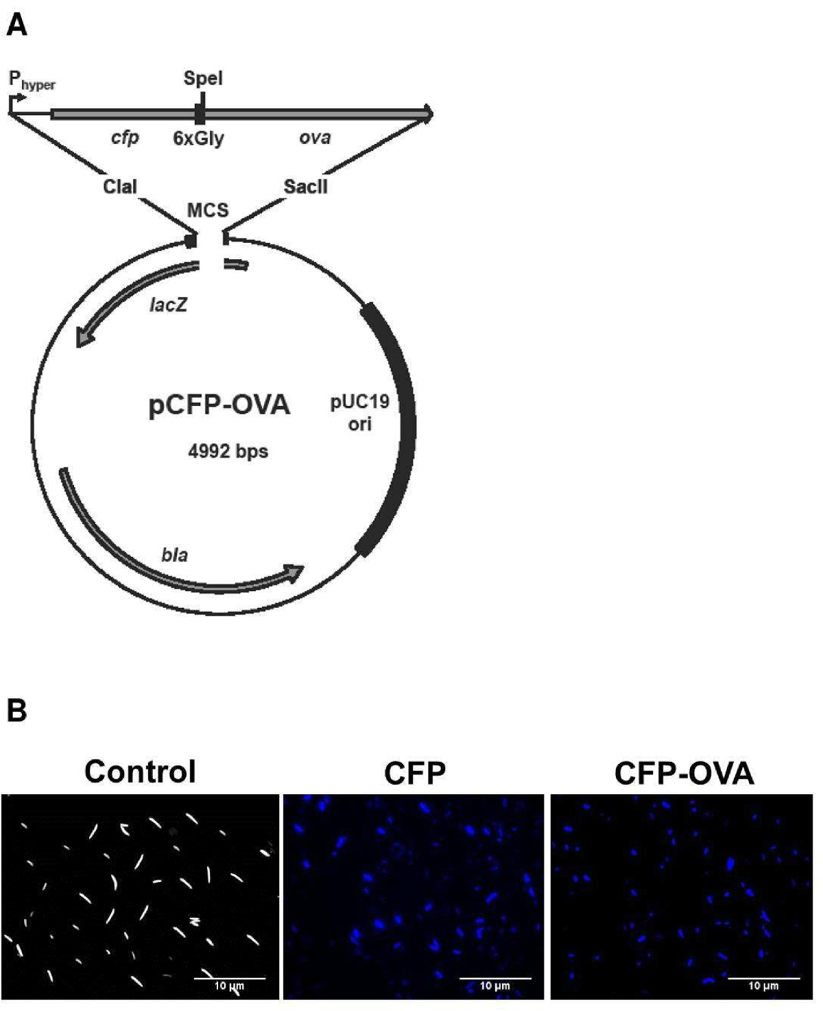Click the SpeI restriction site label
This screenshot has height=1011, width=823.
click(x=203, y=79)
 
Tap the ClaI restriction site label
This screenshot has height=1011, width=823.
click(x=120, y=187)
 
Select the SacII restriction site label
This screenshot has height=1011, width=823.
click(x=306, y=187)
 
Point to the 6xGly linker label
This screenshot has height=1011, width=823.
click(x=198, y=139)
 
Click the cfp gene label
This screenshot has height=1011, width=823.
click(x=125, y=138)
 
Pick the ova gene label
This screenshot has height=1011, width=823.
click(x=315, y=138)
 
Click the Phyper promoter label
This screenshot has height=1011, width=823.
click(x=32, y=80)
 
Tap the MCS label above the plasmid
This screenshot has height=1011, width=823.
click(x=208, y=210)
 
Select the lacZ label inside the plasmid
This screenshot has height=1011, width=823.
click(x=168, y=304)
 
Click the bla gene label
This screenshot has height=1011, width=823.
click(x=174, y=554)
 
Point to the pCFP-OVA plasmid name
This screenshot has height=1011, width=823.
click(x=219, y=405)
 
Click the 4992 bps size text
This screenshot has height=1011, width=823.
click(x=228, y=451)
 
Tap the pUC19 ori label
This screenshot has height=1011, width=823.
click(x=360, y=412)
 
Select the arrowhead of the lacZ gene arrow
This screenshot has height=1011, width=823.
click(x=84, y=337)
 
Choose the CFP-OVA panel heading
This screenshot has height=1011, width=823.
click(x=684, y=773)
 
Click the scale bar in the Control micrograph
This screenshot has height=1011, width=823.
click(x=230, y=977)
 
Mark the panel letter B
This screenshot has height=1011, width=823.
click(x=16, y=711)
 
